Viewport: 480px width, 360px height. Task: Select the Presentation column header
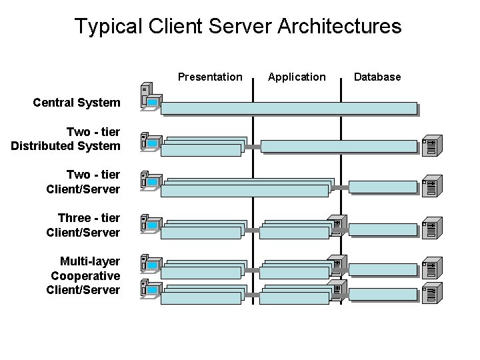point(210,77)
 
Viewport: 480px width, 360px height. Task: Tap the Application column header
point(297,77)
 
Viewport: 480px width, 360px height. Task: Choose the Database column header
point(377,77)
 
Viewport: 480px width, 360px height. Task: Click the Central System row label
point(77,103)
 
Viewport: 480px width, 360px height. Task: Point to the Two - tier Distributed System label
point(66,139)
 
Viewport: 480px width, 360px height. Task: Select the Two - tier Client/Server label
point(83,182)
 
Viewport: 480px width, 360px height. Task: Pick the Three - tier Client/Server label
point(83,225)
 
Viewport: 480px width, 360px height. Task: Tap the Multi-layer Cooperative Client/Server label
point(84,275)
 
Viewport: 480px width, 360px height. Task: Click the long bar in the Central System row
point(289,109)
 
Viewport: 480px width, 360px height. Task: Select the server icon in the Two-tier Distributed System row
point(430,147)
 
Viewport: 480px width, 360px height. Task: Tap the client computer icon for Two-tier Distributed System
point(149,141)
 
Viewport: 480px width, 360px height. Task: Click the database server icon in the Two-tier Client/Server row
point(430,189)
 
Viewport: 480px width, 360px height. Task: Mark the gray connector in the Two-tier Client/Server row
point(341,188)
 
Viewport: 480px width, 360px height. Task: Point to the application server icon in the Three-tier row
point(337,226)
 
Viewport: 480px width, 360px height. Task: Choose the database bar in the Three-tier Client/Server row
point(383,230)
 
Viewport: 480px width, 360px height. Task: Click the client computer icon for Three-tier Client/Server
point(149,225)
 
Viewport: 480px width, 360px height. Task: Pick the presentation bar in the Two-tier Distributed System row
point(202,148)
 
